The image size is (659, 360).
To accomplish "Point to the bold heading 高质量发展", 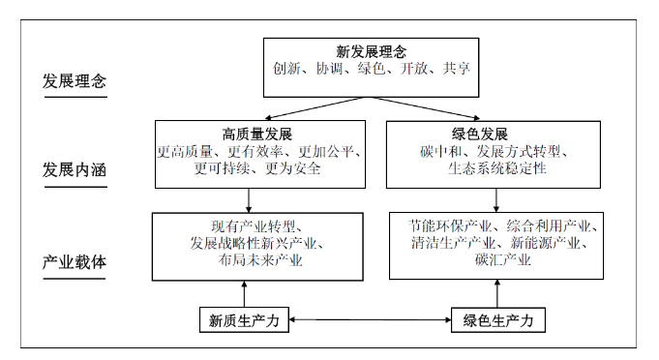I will [250, 133].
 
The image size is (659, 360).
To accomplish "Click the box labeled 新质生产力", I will [245, 319].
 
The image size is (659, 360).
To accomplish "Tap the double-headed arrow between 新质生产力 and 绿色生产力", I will [371, 319].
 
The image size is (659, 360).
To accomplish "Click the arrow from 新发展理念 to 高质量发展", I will [310, 107].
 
